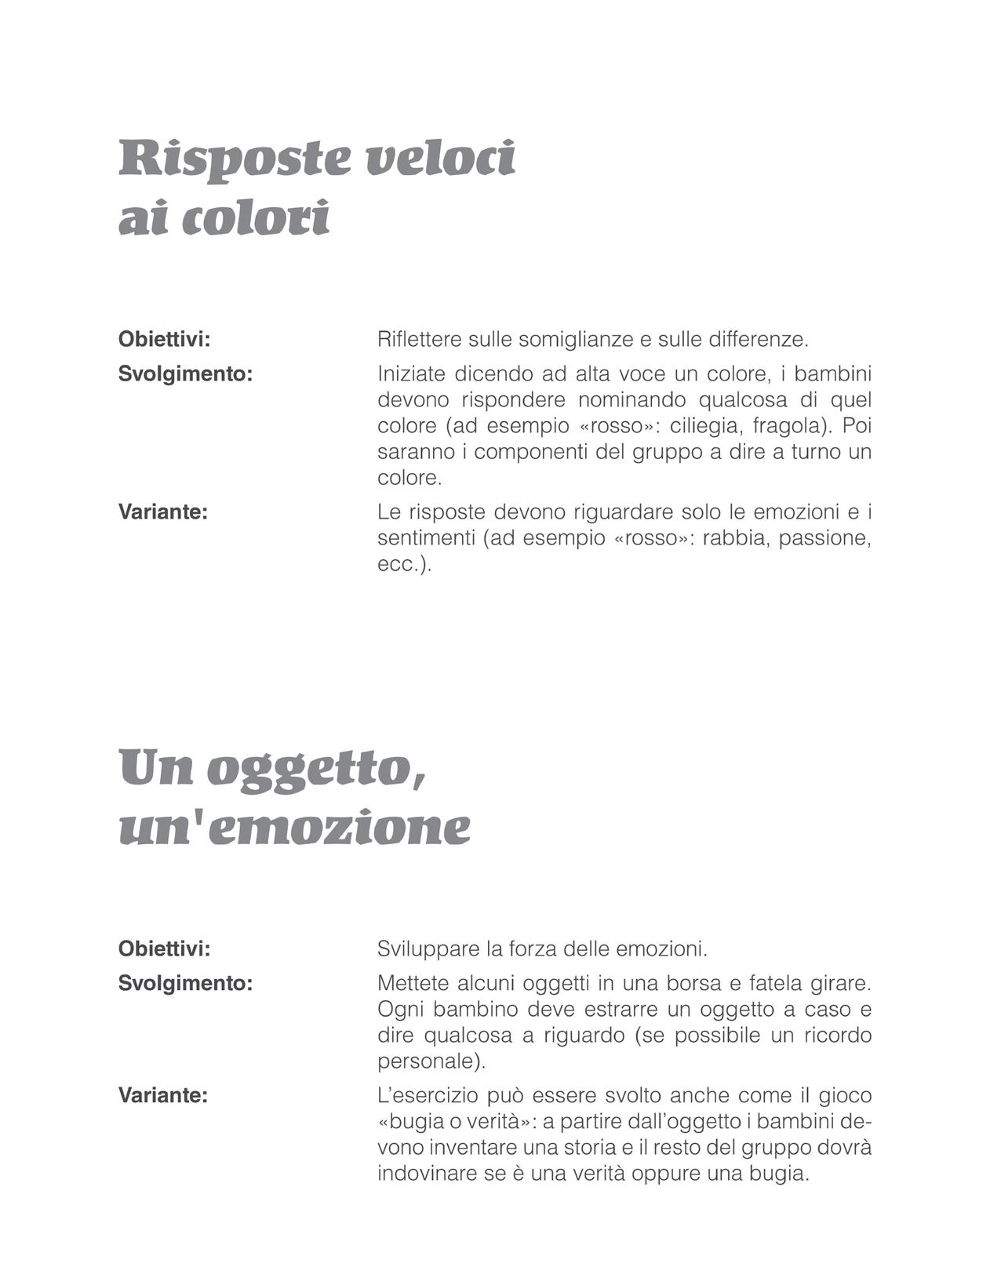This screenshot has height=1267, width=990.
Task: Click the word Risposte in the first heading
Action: (x=235, y=159)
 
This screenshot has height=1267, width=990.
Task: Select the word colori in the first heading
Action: (x=255, y=219)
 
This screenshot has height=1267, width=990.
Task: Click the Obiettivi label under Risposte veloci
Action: (x=164, y=340)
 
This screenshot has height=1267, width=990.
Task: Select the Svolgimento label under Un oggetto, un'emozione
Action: (x=185, y=983)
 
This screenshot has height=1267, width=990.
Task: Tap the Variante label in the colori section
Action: (x=162, y=512)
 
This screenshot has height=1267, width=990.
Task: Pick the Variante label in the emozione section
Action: (x=162, y=1095)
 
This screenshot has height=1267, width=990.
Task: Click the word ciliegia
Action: (x=704, y=426)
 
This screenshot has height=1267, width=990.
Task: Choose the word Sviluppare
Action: (x=428, y=949)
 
